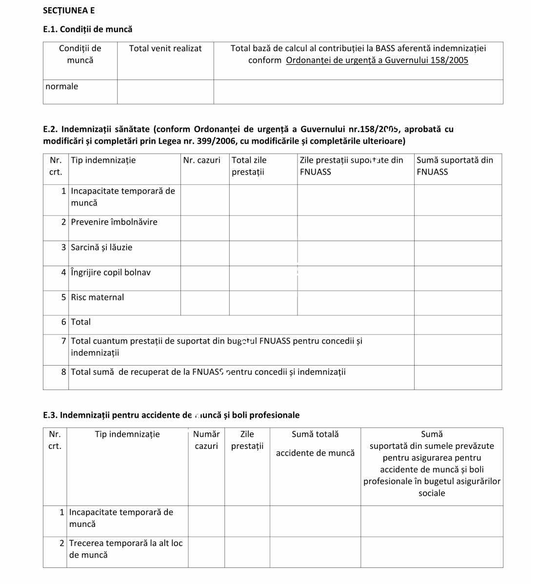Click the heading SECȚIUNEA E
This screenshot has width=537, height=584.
tap(69, 10)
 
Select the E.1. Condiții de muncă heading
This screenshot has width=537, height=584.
tap(88, 29)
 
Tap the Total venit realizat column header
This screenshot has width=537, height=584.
tap(165, 48)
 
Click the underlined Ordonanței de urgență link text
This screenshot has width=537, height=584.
tap(377, 60)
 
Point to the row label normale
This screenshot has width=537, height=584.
tap(62, 87)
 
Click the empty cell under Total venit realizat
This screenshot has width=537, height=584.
tap(165, 92)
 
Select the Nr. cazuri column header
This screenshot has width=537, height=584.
tap(202, 160)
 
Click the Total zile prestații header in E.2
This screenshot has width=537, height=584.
tap(249, 166)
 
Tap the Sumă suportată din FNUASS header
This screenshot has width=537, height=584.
tap(455, 166)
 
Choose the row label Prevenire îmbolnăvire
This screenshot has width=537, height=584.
tap(114, 222)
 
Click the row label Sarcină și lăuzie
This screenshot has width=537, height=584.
tap(101, 248)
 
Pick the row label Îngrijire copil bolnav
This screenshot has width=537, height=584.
tap(111, 273)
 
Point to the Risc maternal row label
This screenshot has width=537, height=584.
tap(98, 297)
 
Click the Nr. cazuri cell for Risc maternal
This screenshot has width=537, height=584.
tap(205, 303)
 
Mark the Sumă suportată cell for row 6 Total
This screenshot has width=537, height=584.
tap(457, 325)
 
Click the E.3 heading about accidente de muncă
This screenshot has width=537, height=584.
tap(171, 415)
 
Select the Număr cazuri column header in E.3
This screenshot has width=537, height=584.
tap(206, 440)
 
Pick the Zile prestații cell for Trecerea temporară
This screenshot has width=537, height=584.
tap(247, 552)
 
